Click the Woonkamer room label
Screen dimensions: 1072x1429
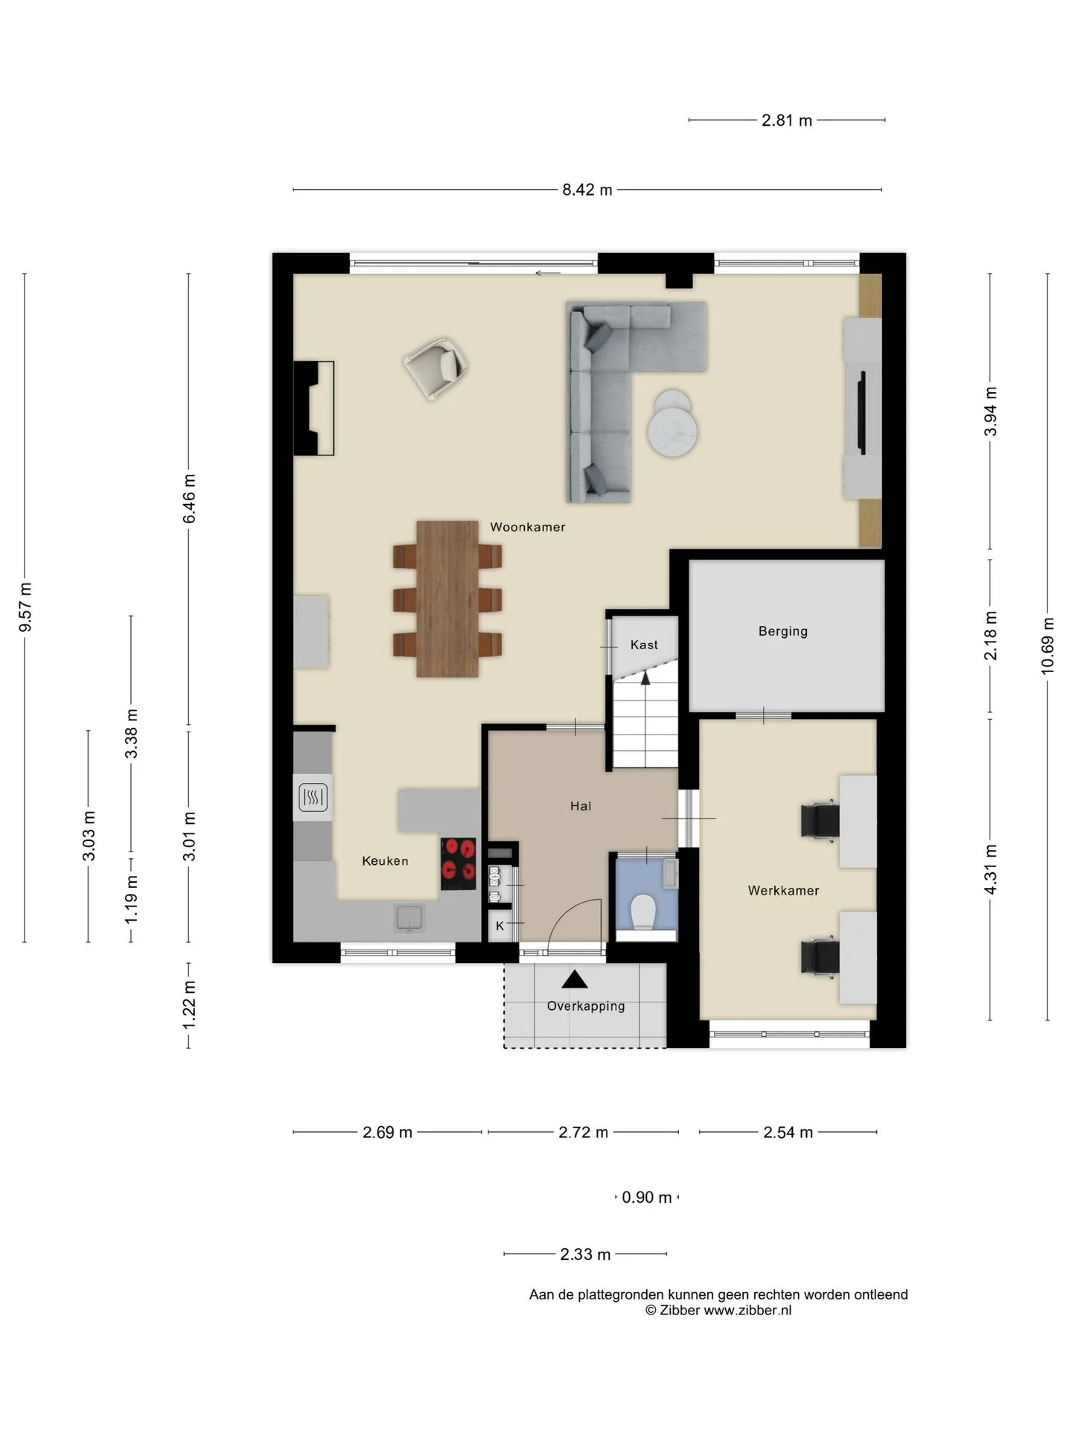point(527,527)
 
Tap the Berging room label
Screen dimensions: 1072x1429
point(782,631)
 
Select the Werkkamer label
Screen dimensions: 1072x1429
point(783,890)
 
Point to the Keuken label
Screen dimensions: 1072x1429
point(385,861)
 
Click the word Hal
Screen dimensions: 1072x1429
point(581,806)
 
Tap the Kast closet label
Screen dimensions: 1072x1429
point(644,645)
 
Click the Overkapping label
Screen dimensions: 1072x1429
point(586,1006)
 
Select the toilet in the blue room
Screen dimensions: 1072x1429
point(642,912)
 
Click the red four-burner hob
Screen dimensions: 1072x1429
point(459,864)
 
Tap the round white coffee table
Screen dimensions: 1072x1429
point(673,423)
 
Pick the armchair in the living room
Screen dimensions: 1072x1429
point(437,368)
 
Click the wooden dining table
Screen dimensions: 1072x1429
point(447,599)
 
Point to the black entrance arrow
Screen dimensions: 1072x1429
point(574,979)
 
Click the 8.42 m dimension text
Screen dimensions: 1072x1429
point(587,190)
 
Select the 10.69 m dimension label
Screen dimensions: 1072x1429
point(1047,645)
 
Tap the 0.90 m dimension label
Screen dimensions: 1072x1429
point(647,1198)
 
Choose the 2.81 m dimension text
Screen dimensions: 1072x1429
point(787,121)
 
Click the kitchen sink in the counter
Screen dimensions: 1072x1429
point(409,918)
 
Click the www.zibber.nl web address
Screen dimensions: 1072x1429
point(747,1311)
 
